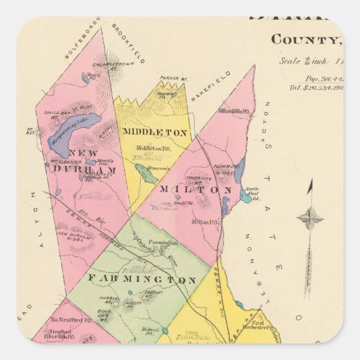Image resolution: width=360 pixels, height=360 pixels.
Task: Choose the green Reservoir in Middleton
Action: click(146, 175)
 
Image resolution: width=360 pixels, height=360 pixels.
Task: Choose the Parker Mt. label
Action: click(172, 78)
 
